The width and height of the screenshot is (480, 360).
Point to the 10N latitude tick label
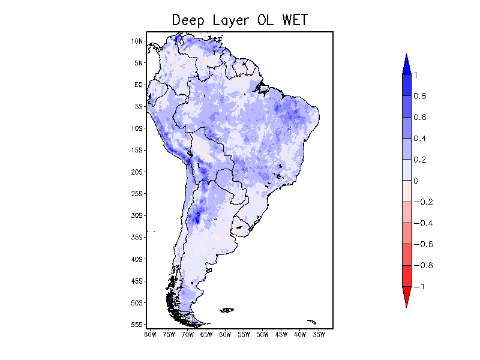(137, 41)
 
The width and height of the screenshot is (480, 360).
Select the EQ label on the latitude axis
(138, 85)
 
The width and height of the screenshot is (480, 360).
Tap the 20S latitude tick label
(137, 172)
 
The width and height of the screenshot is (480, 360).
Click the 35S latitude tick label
(137, 237)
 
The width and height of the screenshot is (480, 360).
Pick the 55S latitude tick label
(137, 325)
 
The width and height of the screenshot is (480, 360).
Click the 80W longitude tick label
(150, 334)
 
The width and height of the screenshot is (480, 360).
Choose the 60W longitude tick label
(225, 334)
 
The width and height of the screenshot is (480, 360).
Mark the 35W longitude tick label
(319, 334)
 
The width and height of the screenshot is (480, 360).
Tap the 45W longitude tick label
(281, 334)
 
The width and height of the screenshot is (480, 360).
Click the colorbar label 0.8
(419, 96)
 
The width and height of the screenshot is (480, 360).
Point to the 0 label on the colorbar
(416, 181)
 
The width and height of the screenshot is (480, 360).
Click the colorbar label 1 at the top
(416, 74)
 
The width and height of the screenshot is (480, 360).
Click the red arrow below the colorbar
(406, 296)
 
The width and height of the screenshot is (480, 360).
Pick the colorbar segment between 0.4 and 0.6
(406, 128)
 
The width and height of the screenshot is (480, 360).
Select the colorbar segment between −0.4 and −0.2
(406, 212)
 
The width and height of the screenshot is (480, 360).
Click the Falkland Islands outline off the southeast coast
(227, 310)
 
